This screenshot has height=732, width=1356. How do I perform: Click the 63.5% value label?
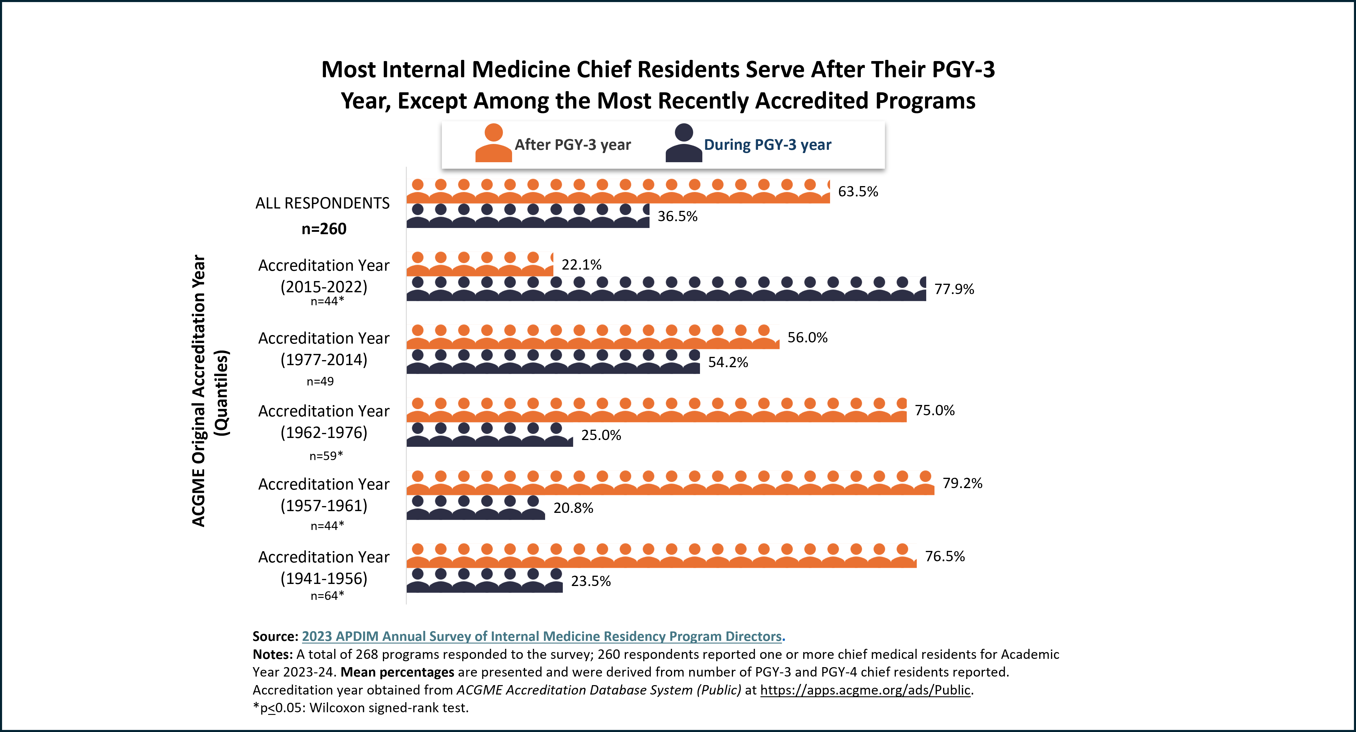coord(858,191)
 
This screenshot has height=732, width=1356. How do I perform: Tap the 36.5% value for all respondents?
coord(678,216)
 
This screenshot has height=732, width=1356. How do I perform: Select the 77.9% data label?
coord(954,289)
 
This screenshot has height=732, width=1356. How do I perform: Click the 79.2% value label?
coord(962,483)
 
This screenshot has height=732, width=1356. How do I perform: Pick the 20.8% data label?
coord(573,508)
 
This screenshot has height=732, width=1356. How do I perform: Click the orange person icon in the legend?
coord(493,143)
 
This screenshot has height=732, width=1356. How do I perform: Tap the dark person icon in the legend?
coord(684,143)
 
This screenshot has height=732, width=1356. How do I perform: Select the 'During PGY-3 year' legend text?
coord(768,145)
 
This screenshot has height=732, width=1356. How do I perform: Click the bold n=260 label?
coord(324,229)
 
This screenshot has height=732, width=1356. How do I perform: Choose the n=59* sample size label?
coord(326,456)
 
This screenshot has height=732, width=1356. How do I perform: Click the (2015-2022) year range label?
coord(324,287)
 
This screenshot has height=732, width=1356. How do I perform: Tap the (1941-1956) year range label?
coord(324,578)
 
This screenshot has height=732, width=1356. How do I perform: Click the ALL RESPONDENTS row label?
coord(323,203)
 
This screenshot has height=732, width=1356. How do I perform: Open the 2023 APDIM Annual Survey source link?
coord(542,636)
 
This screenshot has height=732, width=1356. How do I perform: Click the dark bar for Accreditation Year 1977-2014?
coord(553,362)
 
